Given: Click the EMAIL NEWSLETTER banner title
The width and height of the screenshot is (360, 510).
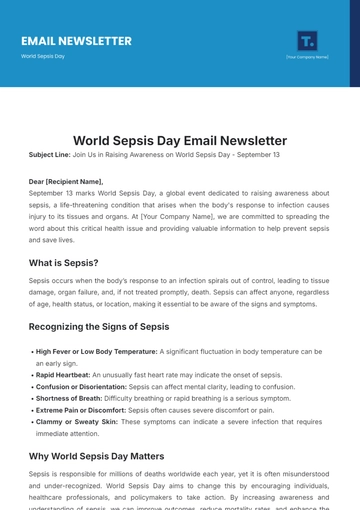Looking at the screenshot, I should click(76, 41).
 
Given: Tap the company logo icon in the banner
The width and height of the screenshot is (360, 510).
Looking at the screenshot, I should click(307, 40).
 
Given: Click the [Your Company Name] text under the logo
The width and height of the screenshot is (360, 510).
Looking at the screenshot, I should click(307, 57).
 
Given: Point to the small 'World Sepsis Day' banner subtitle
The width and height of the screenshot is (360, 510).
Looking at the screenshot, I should click(43, 56).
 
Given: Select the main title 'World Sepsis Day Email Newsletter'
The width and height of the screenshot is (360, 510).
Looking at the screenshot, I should click(180, 141).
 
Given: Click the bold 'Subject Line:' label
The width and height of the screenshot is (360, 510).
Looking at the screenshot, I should click(49, 155).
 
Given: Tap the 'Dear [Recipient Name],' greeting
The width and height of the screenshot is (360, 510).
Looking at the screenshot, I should click(65, 181).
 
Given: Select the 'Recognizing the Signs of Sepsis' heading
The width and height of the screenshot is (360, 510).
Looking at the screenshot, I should click(99, 326).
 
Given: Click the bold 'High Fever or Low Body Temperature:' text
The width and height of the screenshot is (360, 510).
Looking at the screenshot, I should click(96, 352).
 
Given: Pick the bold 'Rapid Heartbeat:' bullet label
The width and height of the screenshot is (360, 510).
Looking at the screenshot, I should click(63, 375).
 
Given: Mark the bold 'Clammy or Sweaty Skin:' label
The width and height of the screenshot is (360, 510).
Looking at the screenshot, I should click(77, 422).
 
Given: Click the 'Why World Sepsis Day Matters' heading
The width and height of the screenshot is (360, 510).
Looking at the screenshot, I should click(96, 456).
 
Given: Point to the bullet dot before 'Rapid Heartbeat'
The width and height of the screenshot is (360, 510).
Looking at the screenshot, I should click(31, 375).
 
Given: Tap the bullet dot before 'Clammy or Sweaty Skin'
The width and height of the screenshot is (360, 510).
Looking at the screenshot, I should click(31, 422).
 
